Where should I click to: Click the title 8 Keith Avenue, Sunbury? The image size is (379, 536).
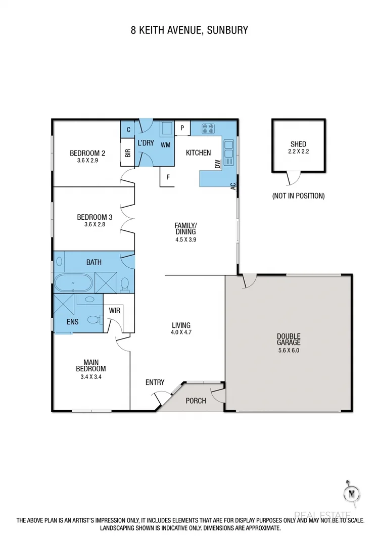coord(189,30)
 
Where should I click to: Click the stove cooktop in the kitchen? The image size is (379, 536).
coord(208,128)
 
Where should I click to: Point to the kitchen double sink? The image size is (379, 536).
coord(228,154)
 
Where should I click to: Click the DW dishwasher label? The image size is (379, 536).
coord(218,164)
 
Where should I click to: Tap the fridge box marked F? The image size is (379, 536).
coord(167,178)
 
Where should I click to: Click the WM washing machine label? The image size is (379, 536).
coord(165,145)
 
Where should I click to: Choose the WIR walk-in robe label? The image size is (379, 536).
coord(115,310)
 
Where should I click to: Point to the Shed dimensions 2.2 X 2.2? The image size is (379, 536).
coord(298,151)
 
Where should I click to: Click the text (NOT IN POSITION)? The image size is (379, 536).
coord(298,196)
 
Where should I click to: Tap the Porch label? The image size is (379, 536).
coord(196,401)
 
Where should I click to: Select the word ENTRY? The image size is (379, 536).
coord(155,382)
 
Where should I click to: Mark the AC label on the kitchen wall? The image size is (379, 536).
coord(233,185)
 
